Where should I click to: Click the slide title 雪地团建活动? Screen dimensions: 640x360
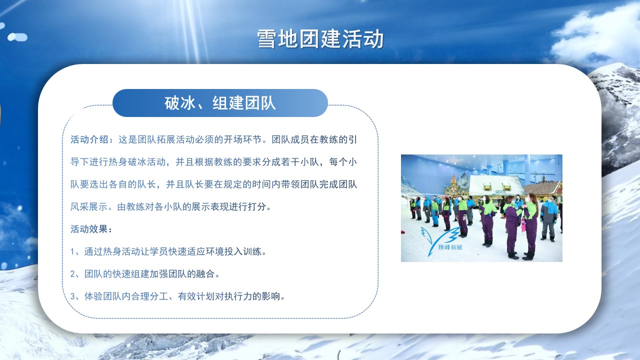(320, 39)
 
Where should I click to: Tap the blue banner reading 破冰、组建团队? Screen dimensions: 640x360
(220, 103)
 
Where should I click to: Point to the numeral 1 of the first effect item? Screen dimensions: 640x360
(73, 251)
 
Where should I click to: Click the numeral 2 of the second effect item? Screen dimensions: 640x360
(73, 274)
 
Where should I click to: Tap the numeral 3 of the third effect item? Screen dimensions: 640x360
(73, 296)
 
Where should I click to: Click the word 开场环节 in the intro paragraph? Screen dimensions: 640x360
(242, 139)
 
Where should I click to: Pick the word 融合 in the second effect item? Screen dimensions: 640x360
(205, 274)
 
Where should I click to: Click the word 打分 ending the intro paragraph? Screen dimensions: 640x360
(257, 207)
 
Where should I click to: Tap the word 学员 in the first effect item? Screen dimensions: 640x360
(159, 251)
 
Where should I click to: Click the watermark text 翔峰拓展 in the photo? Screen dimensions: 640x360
(450, 247)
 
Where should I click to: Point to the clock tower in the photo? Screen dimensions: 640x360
(453, 186)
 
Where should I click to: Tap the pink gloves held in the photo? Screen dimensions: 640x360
(523, 225)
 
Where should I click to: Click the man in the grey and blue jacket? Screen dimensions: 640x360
(549, 218)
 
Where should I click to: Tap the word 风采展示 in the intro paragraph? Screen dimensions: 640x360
(89, 207)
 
